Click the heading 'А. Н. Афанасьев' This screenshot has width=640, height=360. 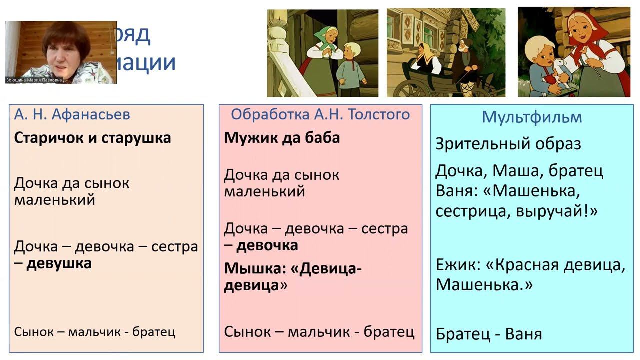72,115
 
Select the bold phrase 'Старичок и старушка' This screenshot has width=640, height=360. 92,138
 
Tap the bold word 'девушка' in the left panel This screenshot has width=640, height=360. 59,264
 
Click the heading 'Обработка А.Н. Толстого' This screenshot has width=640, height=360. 320,115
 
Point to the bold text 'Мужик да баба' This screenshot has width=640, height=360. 282,138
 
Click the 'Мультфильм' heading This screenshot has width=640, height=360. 532,117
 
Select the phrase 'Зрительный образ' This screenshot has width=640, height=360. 508,144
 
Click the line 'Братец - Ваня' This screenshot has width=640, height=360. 488,334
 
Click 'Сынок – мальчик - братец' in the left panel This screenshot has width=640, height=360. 95,332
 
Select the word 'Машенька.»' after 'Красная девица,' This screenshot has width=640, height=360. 484,285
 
